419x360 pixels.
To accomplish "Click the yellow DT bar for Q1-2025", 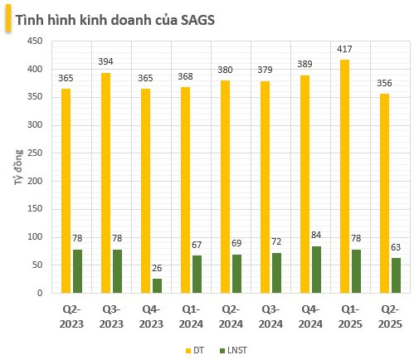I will [x=343, y=176].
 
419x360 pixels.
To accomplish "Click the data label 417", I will [x=344, y=50].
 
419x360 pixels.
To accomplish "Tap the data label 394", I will [x=107, y=62].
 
